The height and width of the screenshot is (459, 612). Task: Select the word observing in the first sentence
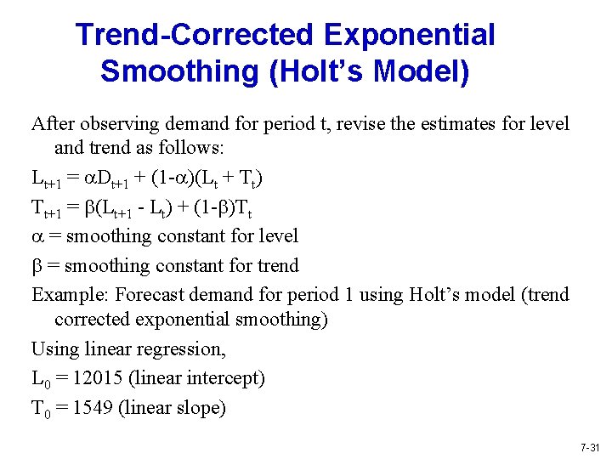point(118,124)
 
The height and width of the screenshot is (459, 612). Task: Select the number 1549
point(93,407)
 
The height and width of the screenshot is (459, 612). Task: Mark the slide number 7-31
point(590,447)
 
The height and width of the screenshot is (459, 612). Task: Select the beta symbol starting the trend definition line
point(37,266)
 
